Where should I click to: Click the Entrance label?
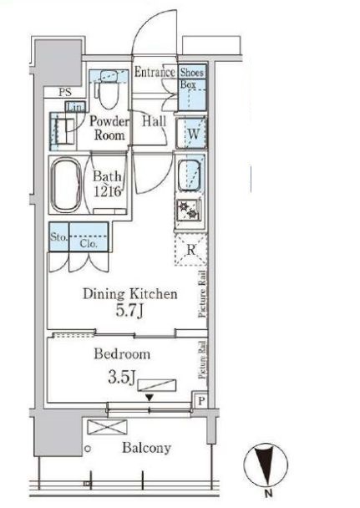tap(155, 72)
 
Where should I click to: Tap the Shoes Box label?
tap(191, 78)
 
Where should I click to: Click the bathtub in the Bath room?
tap(67, 185)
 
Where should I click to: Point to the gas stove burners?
tap(189, 209)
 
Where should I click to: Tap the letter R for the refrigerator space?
tap(191, 250)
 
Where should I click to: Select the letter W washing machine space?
tap(193, 134)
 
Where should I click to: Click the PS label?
tap(65, 93)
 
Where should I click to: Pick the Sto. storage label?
tap(58, 237)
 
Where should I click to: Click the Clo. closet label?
tap(89, 243)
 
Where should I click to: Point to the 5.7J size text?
tap(129, 312)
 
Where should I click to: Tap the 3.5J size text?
tap(121, 378)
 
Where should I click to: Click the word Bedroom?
tap(122, 353)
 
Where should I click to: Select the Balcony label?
tap(147, 448)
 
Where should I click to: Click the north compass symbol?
tap(266, 465)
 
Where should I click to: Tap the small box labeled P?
tap(201, 401)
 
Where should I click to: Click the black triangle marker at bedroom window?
tap(150, 398)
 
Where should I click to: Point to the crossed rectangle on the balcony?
tap(108, 427)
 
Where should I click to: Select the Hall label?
tap(155, 121)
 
